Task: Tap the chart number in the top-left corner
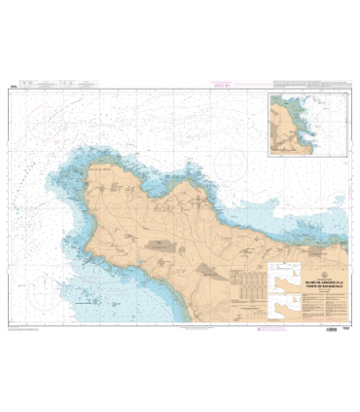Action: (x=12, y=87)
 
